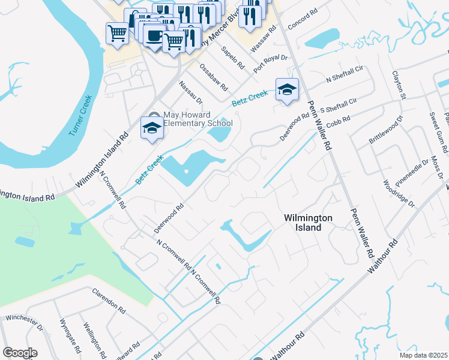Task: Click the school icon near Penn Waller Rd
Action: pyautogui.click(x=287, y=89)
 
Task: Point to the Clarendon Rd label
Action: pyautogui.click(x=108, y=302)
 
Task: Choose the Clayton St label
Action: pyautogui.click(x=399, y=88)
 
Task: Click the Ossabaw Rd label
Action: pyautogui.click(x=214, y=77)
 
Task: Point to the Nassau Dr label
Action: pyautogui.click(x=191, y=91)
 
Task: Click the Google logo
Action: pyautogui.click(x=20, y=353)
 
